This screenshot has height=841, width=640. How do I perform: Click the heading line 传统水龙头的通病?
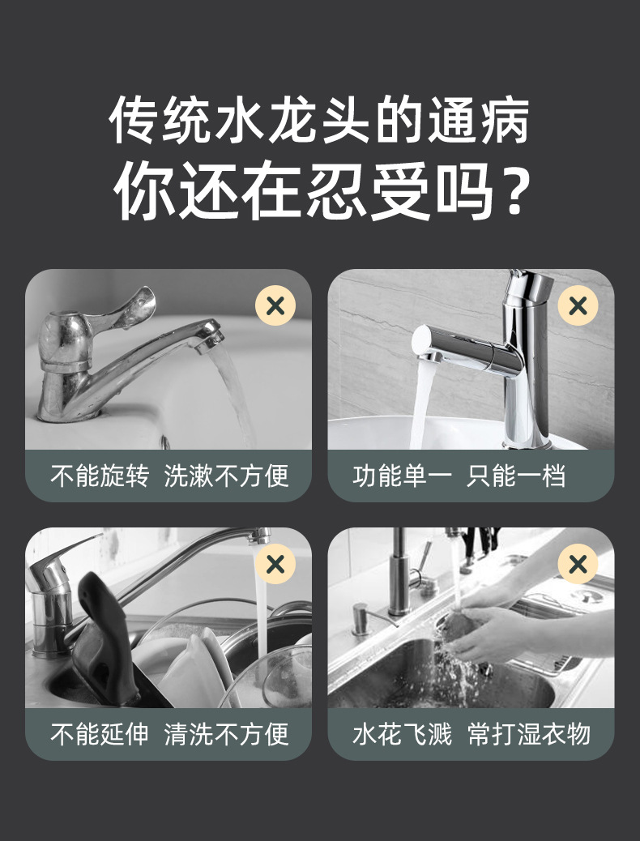pyautogui.click(x=319, y=120)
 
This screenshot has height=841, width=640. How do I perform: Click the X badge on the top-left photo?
pyautogui.click(x=275, y=306)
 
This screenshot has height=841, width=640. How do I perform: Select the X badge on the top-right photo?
pyautogui.click(x=578, y=306)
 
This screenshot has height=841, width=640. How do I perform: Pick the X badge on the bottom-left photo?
pyautogui.click(x=275, y=565)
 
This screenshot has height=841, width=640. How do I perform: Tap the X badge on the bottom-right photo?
pyautogui.click(x=578, y=565)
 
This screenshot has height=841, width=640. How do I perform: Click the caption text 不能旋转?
pyautogui.click(x=99, y=476)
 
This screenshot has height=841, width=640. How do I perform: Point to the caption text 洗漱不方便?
pyautogui.click(x=226, y=476)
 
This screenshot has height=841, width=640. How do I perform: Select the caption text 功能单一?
pyautogui.click(x=402, y=476)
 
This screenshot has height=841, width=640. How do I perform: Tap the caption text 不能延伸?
pyautogui.click(x=99, y=734)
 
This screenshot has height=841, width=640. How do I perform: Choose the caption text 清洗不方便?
pyautogui.click(x=226, y=734)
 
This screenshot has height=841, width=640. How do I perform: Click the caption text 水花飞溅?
pyautogui.click(x=402, y=734)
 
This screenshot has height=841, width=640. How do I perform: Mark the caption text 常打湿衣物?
pyautogui.click(x=529, y=734)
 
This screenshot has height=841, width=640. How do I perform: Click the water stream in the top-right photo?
pyautogui.click(x=420, y=405)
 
